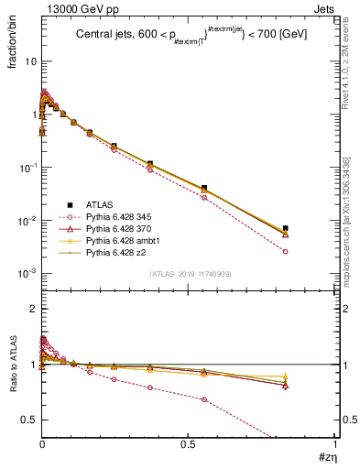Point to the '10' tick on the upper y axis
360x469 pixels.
pos(29,61)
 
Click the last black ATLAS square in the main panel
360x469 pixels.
pos(286,228)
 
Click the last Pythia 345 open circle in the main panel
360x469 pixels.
pos(286,251)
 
